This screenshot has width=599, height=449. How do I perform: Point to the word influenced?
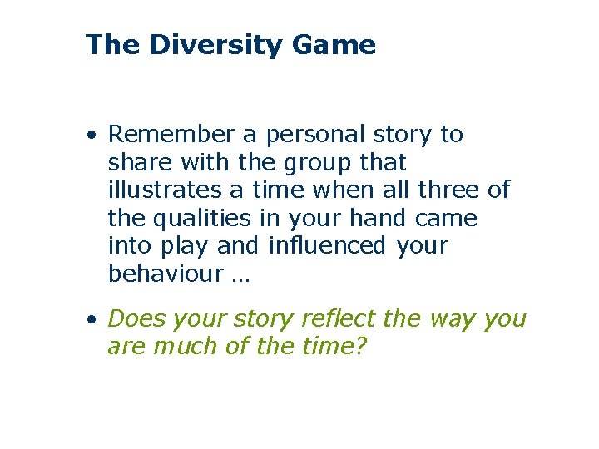[x=327, y=246]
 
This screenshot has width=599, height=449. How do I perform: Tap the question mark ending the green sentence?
[x=360, y=347]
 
